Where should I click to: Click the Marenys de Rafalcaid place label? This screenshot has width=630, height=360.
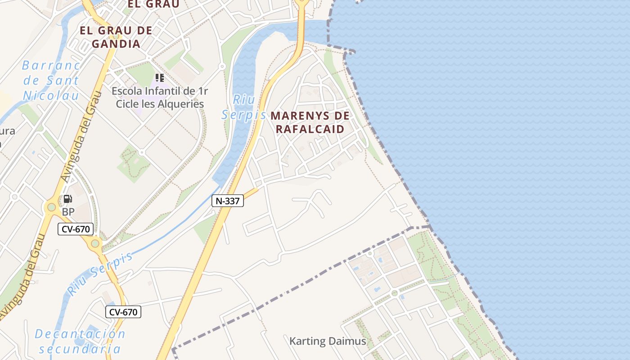click(310, 122)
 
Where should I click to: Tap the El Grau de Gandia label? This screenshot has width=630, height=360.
click(116, 37)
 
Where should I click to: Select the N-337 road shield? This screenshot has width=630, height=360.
click(228, 201)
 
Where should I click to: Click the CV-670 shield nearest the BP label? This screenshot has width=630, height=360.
click(75, 229)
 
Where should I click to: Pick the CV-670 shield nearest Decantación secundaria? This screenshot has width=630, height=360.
click(123, 312)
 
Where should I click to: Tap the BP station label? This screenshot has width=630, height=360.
click(68, 211)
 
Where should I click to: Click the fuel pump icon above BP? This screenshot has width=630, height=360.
click(67, 199)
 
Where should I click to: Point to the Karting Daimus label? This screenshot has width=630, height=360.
click(328, 341)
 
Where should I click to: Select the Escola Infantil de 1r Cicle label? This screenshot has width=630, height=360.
click(160, 97)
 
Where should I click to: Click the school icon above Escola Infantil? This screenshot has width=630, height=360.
click(159, 78)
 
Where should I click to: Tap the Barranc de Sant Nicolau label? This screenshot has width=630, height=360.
click(51, 81)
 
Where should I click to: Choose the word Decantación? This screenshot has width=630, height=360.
click(80, 334)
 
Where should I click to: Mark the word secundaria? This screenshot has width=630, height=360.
click(80, 349)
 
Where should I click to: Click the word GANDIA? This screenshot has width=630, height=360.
click(116, 44)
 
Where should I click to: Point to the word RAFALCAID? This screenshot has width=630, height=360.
click(310, 129)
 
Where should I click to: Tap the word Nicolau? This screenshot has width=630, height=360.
click(51, 95)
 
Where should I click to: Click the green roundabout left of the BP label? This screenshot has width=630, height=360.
click(51, 207)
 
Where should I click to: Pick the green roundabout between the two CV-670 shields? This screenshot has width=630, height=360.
click(95, 244)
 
